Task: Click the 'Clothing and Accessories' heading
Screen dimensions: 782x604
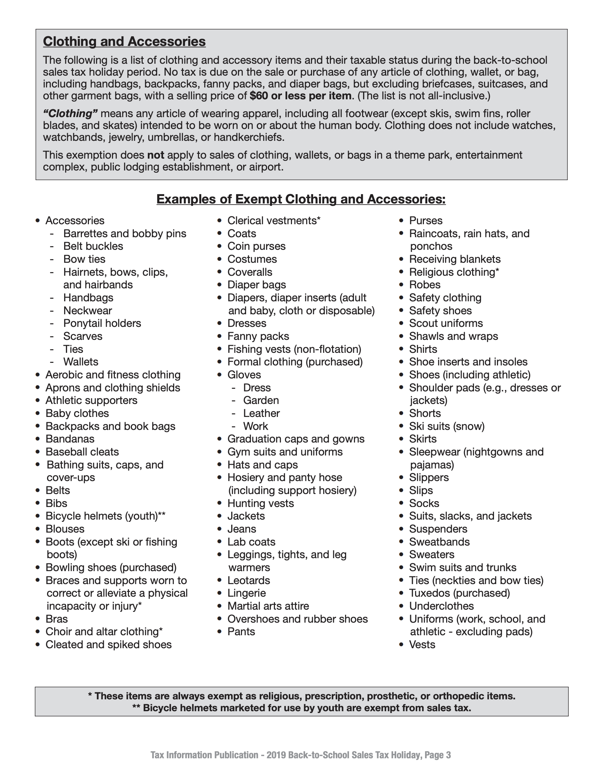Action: coord(124,42)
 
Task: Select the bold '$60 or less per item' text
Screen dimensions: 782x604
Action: coord(300,96)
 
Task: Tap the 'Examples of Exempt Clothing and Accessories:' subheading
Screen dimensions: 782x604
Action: coord(301,199)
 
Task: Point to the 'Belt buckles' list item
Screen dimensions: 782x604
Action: coord(93,246)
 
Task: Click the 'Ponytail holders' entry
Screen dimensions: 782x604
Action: coord(102,323)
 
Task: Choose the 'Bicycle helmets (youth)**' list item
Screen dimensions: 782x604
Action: coord(105,516)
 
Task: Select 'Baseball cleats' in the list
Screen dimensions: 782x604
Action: coord(82,452)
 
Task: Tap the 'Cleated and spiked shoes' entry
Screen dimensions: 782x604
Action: coord(108,645)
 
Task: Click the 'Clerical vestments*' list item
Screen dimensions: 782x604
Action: coord(274,221)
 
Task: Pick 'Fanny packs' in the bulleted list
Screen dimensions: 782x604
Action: coord(258,336)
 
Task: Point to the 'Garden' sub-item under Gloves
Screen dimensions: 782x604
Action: coord(261,400)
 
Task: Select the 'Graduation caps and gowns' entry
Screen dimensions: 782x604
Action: coord(296,439)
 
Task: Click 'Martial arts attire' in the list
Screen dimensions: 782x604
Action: coord(268,606)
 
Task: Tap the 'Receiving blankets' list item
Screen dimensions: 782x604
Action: coord(455,259)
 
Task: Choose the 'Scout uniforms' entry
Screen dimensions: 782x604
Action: coord(446,323)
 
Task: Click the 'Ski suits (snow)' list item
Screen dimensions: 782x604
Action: coord(447,426)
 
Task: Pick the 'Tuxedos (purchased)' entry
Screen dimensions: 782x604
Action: coord(459,593)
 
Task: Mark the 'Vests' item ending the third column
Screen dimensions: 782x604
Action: coord(422,645)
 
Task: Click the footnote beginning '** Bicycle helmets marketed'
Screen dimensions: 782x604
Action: coord(302,708)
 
